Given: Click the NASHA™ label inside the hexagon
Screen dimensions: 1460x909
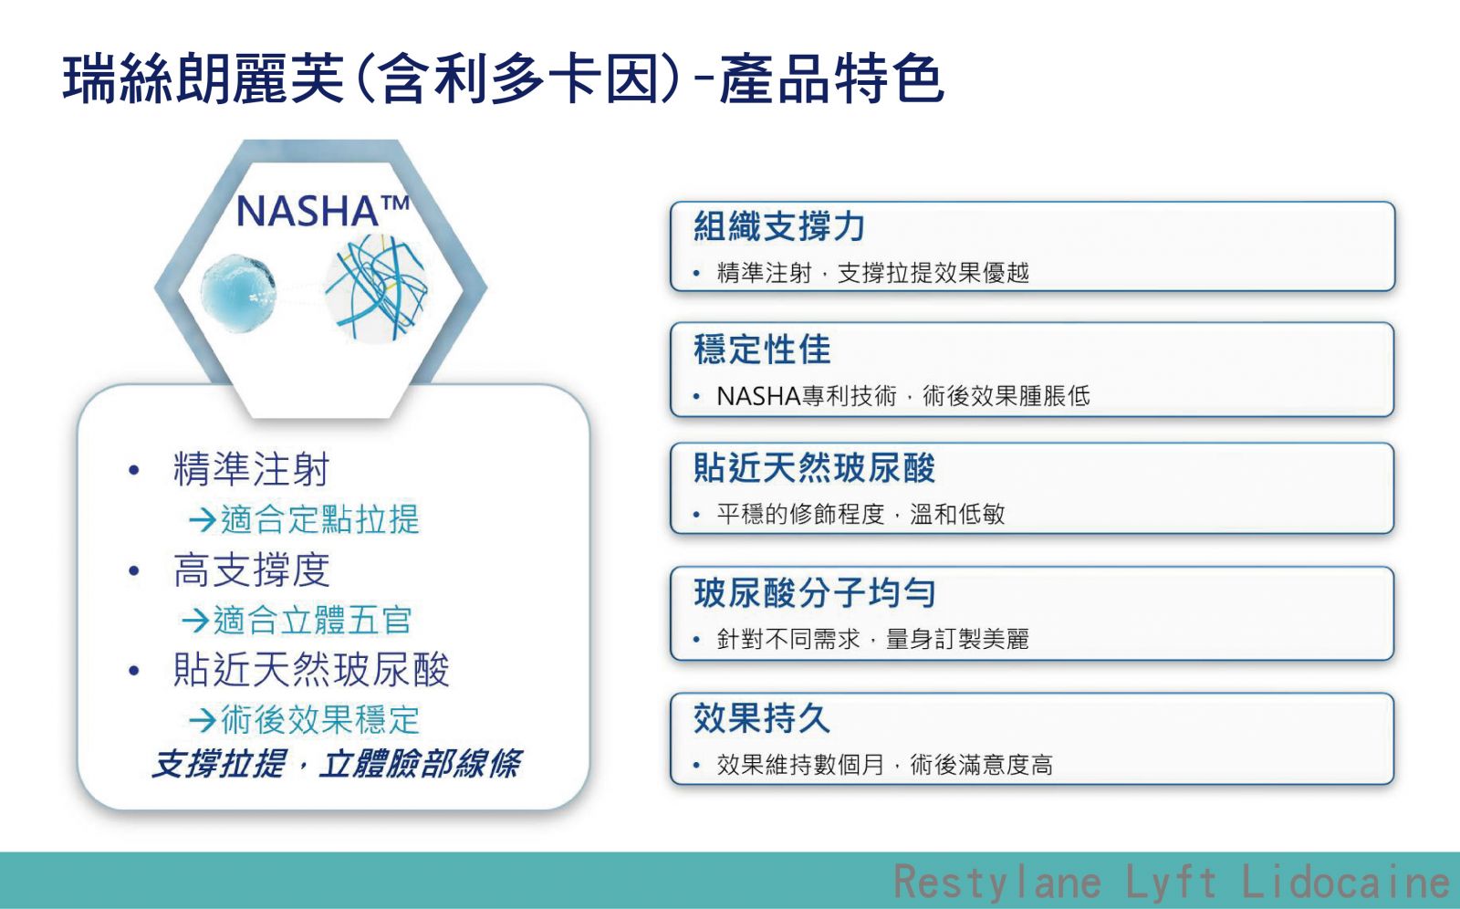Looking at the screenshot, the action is point(323,211).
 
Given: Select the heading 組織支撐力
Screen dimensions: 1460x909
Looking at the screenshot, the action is point(779,226).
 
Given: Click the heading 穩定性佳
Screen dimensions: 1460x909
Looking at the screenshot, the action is point(762,349).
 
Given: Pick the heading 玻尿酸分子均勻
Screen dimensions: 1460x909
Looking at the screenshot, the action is point(814,592).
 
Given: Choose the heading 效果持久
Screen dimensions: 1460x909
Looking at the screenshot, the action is point(762,718).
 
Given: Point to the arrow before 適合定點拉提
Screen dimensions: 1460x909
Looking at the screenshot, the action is point(202,519).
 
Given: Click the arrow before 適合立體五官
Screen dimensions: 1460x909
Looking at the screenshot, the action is point(195,620).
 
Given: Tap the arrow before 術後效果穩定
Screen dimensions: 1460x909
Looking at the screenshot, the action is point(202,720).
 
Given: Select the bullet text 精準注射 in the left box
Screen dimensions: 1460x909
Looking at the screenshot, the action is point(252,469).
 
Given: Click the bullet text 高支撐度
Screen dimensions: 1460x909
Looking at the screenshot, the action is point(252,569).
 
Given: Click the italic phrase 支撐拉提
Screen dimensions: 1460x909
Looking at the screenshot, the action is point(219,764).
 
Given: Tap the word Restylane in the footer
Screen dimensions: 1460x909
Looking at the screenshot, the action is point(997,881).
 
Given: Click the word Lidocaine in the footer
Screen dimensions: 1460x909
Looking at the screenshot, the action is point(1345,881).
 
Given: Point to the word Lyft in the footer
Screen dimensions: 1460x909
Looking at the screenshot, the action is point(1172,883).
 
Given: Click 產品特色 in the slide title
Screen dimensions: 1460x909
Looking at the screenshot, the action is point(831,78).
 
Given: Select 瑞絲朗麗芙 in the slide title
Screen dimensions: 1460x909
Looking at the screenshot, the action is point(203,78).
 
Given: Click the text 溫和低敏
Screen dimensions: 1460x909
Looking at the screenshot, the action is point(957,514).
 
